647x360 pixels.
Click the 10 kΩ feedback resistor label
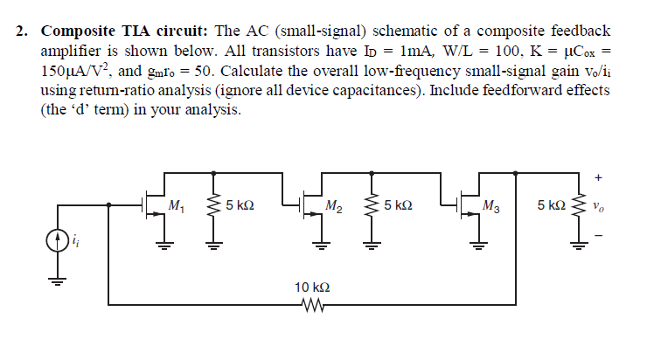pos(312,287)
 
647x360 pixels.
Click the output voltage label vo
pos(597,208)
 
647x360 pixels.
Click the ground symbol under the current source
pos(58,282)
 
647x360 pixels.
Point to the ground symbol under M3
pos(477,246)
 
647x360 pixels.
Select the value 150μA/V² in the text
pos(67,71)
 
